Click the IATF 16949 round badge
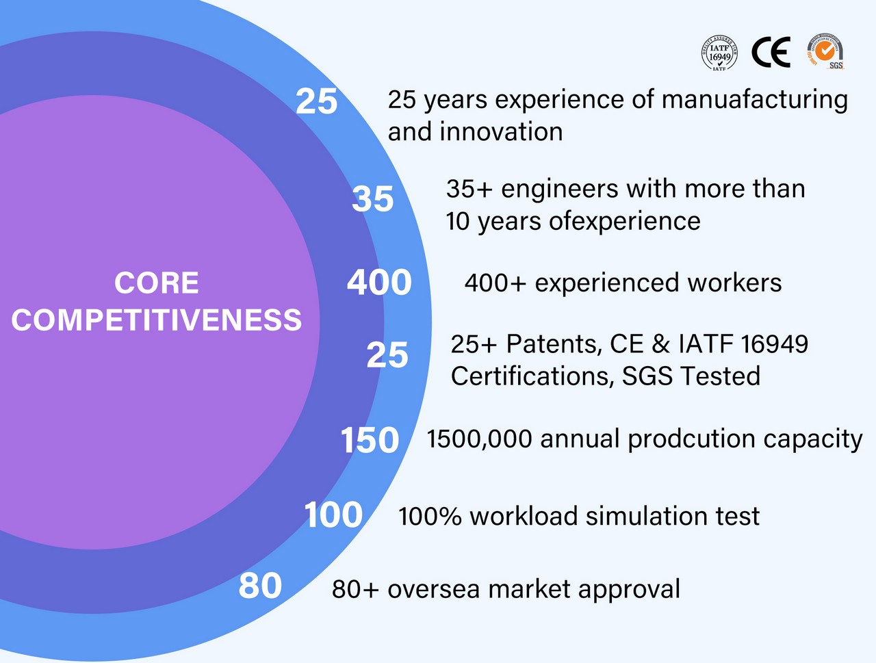(719, 53)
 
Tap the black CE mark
(771, 52)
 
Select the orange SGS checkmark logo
(825, 51)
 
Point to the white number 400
(380, 283)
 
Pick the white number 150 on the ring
(370, 440)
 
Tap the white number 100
(334, 515)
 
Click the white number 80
(260, 585)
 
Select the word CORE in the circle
(157, 283)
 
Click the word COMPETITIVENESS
(157, 320)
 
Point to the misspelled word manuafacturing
(755, 100)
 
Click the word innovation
(501, 131)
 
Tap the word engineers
(560, 190)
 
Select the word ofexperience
(625, 222)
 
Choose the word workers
(734, 283)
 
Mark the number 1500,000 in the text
(479, 439)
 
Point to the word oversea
(433, 589)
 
